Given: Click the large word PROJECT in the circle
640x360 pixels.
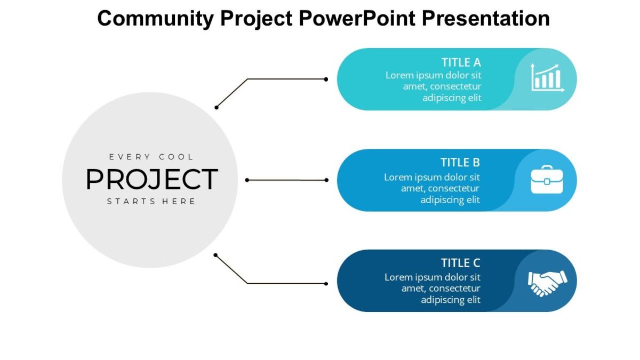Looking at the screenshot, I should [x=151, y=180].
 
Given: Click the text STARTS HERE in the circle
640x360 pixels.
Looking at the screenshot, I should [x=151, y=202].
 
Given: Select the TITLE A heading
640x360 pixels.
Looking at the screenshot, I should [x=461, y=62].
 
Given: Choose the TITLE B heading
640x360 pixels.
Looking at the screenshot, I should [x=460, y=163].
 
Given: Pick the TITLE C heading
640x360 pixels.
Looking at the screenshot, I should [x=460, y=263].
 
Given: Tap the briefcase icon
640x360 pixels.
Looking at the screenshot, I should [x=547, y=180].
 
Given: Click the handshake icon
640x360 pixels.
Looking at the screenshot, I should [x=547, y=282].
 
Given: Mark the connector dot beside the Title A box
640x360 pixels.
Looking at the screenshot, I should [x=326, y=79].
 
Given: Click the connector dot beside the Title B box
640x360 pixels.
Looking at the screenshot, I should [x=326, y=180].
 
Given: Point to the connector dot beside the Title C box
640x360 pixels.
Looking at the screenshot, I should [x=326, y=283].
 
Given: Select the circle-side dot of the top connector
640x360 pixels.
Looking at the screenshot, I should [x=217, y=107].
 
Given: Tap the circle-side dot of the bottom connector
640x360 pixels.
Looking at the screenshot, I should [x=215, y=255].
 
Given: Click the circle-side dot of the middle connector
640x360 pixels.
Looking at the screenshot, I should [x=247, y=180].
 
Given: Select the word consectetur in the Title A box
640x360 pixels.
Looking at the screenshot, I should [x=455, y=86].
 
